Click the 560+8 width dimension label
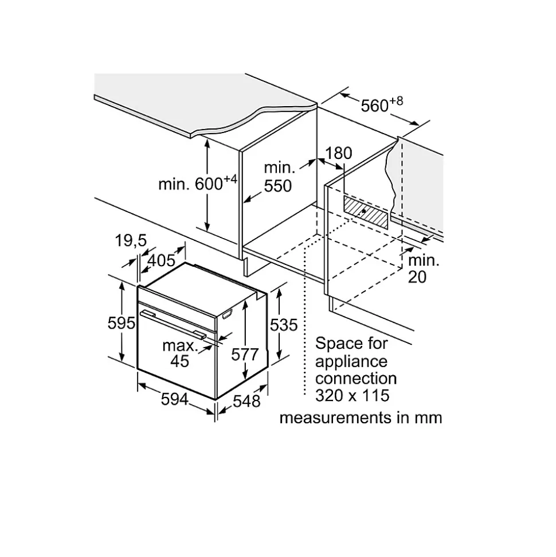click(x=382, y=105)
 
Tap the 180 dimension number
click(x=339, y=153)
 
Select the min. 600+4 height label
click(x=197, y=183)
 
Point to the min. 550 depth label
click(x=279, y=177)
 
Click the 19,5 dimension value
click(x=131, y=241)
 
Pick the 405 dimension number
click(x=162, y=260)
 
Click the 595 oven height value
click(x=122, y=323)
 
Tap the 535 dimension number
click(x=284, y=325)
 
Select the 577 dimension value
click(x=245, y=354)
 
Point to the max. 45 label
click(x=180, y=353)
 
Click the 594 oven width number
click(x=175, y=399)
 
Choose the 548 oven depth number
click(x=246, y=401)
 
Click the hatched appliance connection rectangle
click(x=366, y=212)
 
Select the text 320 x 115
click(x=352, y=395)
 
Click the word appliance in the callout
click(x=351, y=362)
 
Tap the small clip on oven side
click(x=227, y=314)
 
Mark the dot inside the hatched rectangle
click(x=363, y=211)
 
